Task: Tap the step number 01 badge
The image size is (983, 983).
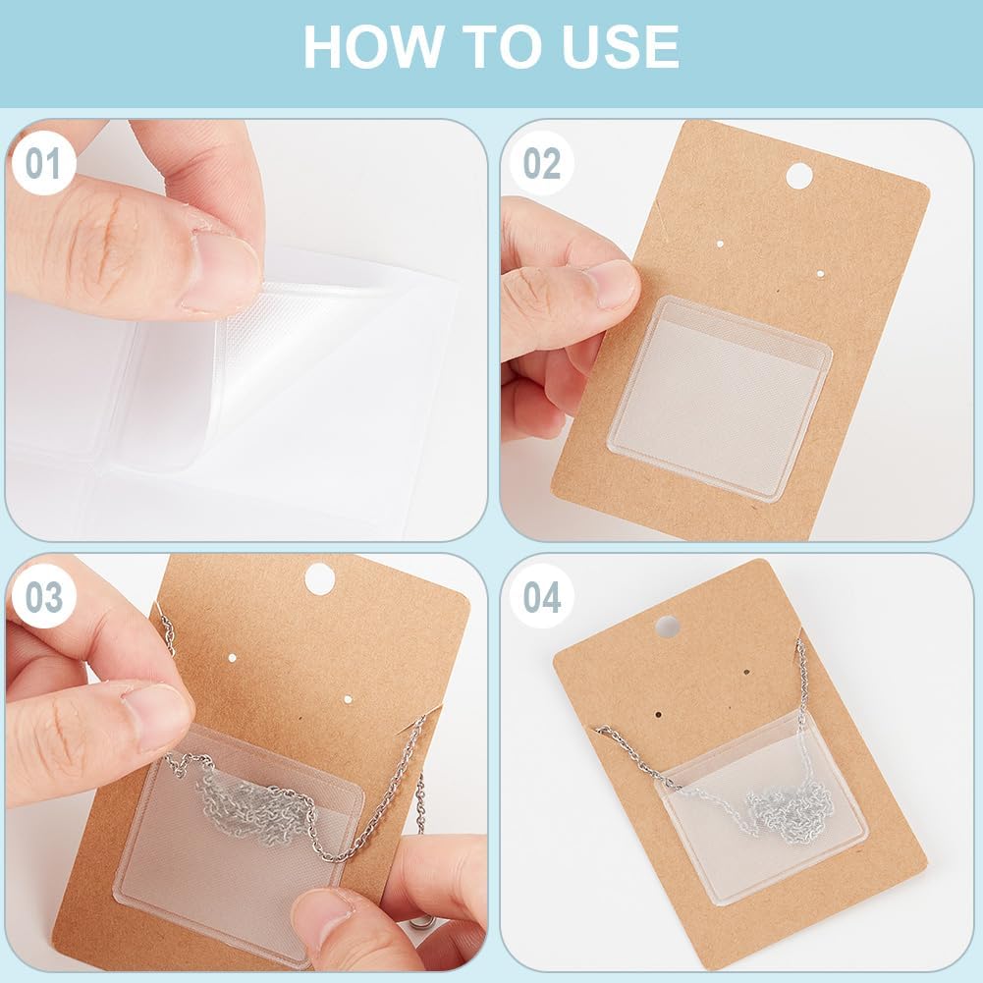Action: [x=44, y=163]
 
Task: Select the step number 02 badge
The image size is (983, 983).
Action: [x=541, y=163]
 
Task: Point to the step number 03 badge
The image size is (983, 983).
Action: [x=44, y=597]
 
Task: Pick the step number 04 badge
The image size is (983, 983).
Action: [x=541, y=597]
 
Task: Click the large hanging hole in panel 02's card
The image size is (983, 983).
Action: [x=798, y=176]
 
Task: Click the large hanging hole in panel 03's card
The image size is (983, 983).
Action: [x=319, y=578]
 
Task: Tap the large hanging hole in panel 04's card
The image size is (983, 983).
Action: [x=668, y=627]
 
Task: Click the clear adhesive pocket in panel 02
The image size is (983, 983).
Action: [x=720, y=397]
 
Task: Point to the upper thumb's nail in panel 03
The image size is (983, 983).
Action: [x=156, y=716]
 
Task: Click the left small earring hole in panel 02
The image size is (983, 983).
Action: [x=720, y=243]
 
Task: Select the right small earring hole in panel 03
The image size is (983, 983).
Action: [x=348, y=699]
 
